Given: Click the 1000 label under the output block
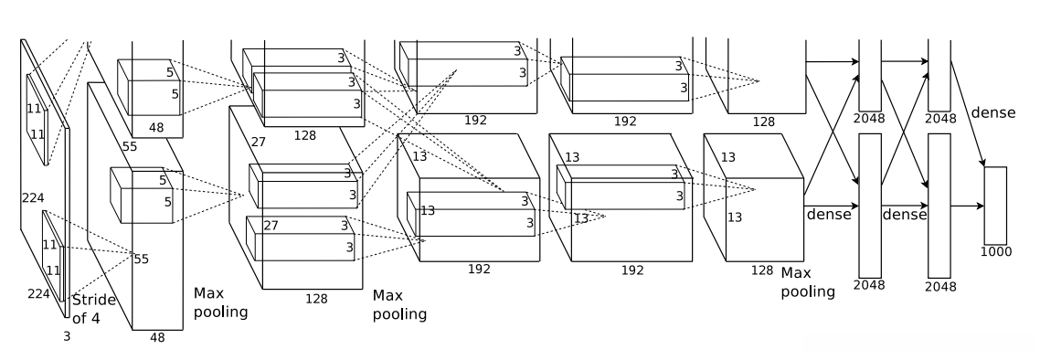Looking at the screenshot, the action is pyautogui.click(x=995, y=252).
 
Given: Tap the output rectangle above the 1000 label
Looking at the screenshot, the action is pyautogui.click(x=995, y=206).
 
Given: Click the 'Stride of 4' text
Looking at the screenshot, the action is pyautogui.click(x=93, y=309).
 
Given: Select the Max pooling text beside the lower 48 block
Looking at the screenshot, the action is pyautogui.click(x=220, y=302).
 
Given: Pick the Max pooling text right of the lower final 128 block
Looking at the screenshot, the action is pyautogui.click(x=807, y=282).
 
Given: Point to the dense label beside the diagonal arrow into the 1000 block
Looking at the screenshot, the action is pyautogui.click(x=992, y=112).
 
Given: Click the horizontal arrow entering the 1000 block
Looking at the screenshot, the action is pyautogui.click(x=967, y=206).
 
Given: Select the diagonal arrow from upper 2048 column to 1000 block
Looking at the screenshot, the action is pyautogui.click(x=968, y=113).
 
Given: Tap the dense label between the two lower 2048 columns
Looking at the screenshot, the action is pyautogui.click(x=904, y=215).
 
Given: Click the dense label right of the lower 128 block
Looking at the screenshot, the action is pyautogui.click(x=828, y=215).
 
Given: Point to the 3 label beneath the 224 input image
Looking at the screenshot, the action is pyautogui.click(x=67, y=337).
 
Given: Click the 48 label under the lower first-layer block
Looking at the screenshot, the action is pyautogui.click(x=157, y=337).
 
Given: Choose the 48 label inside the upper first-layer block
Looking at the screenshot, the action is pyautogui.click(x=156, y=128).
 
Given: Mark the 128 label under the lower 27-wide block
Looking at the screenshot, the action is pyautogui.click(x=316, y=299).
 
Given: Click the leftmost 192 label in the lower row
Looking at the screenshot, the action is pyautogui.click(x=479, y=270).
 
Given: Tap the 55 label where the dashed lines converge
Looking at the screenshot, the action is pyautogui.click(x=142, y=259).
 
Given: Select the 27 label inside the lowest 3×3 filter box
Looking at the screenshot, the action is pyautogui.click(x=271, y=226).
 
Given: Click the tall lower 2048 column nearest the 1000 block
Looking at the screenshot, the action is pyautogui.click(x=939, y=206).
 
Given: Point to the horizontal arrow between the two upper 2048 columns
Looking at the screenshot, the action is pyautogui.click(x=905, y=61).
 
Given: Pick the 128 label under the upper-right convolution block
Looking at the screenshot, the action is pyautogui.click(x=763, y=122).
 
